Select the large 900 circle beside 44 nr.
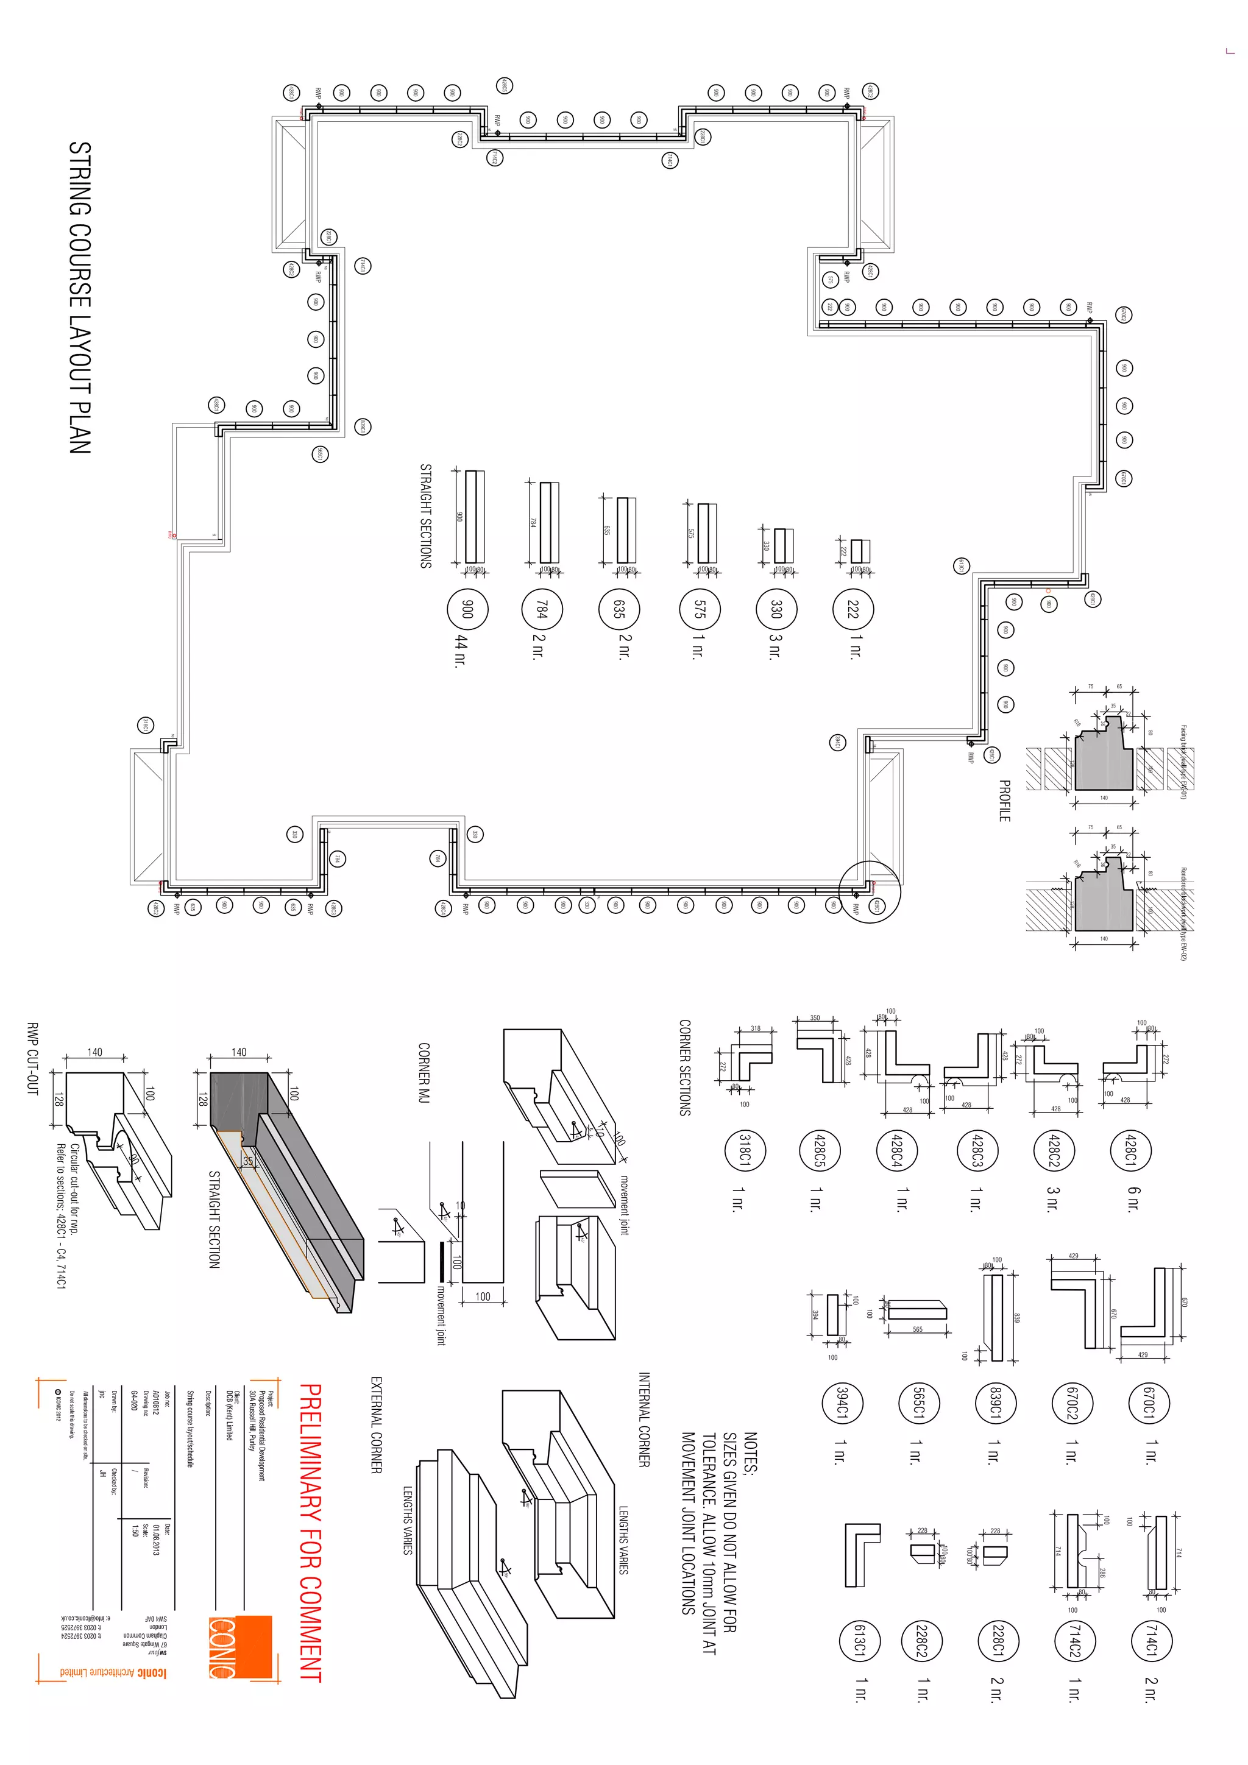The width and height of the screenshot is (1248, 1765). pyautogui.click(x=467, y=610)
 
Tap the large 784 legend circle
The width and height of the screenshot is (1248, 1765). pyautogui.click(x=542, y=610)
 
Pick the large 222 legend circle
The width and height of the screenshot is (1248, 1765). pyautogui.click(x=852, y=610)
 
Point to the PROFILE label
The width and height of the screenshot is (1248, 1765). pyautogui.click(x=1004, y=801)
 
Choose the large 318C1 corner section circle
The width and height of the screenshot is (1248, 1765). pyautogui.click(x=744, y=1150)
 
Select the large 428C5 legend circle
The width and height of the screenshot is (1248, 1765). pyautogui.click(x=820, y=1150)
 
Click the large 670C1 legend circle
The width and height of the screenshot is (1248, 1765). pyautogui.click(x=1149, y=1401)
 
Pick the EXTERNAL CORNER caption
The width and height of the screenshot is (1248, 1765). pyautogui.click(x=376, y=1424)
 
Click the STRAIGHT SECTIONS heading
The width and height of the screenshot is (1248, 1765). pyautogui.click(x=425, y=515)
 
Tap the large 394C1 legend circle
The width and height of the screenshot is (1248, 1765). pyautogui.click(x=841, y=1401)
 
